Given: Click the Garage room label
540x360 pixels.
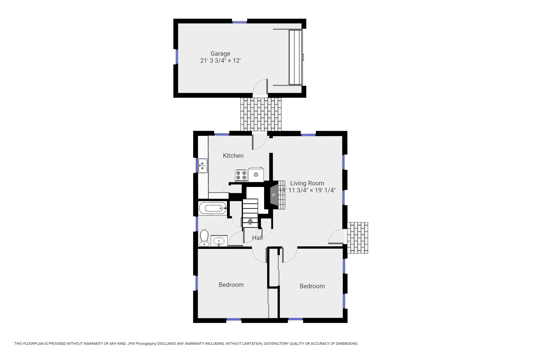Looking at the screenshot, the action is pos(220,53).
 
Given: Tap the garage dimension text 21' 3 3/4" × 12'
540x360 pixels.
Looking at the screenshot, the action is pos(220,61).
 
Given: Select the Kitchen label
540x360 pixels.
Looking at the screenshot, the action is pos(233,156).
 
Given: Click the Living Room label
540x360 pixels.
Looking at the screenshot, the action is pos(307,183).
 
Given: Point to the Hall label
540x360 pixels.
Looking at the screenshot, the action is pos(257,238).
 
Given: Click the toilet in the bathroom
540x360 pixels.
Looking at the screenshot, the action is pos(204,238).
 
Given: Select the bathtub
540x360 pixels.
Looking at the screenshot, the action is pos(213,208).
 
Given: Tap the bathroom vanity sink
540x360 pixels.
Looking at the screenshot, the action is pos(219,241).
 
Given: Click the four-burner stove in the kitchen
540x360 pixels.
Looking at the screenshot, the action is pos(241,175).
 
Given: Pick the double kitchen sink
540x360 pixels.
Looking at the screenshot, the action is pos(203,166).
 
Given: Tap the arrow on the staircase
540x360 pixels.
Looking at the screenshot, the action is pos(250,221).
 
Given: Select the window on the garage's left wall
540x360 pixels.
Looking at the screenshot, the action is pos(177,57).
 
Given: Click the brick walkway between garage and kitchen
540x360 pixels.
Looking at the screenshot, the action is pos(261,114).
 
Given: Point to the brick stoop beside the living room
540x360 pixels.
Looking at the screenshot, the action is pos(357,238).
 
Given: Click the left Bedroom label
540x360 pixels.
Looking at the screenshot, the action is pos(231,285).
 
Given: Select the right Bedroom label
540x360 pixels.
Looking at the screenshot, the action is pos(312,286).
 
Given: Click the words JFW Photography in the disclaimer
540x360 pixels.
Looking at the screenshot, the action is pos(142,344).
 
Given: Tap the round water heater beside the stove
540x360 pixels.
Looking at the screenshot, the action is pos(256,174).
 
